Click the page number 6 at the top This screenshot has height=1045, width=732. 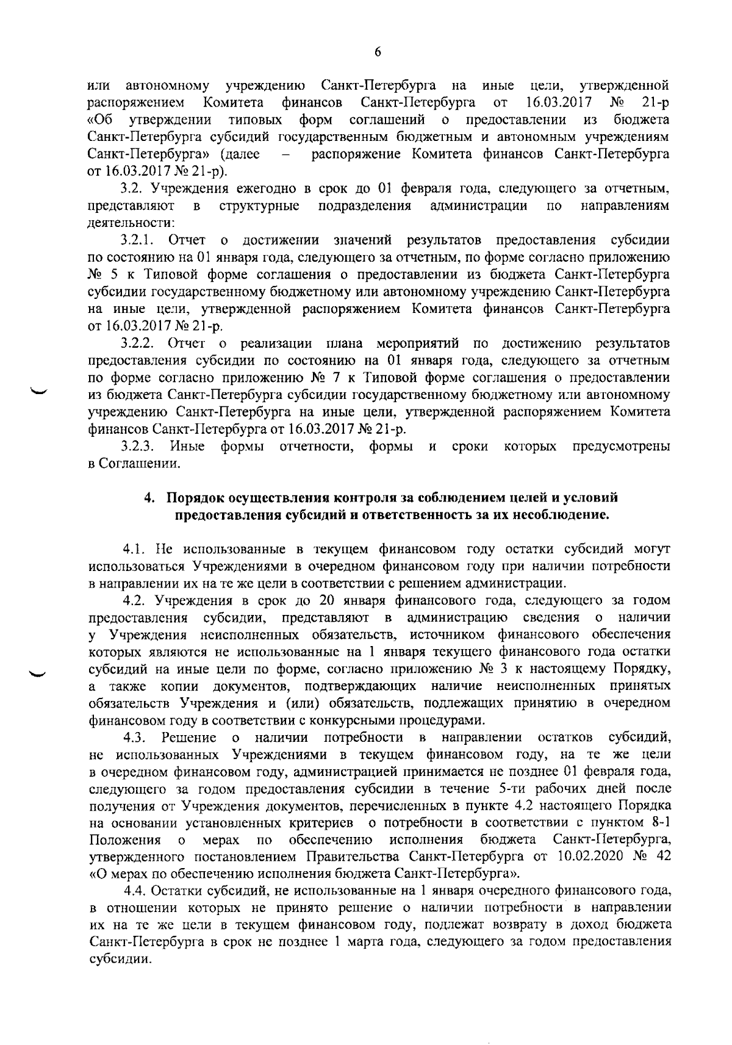tap(378, 52)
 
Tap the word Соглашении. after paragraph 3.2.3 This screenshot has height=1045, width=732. tap(131, 464)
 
